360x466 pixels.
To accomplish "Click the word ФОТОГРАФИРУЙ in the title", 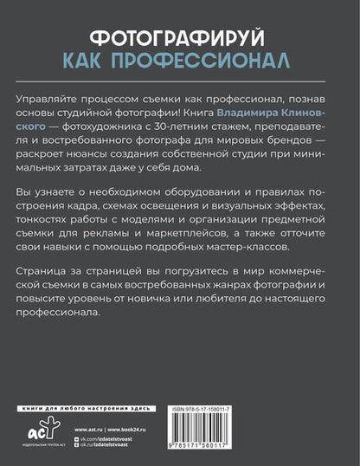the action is pos(179,38).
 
